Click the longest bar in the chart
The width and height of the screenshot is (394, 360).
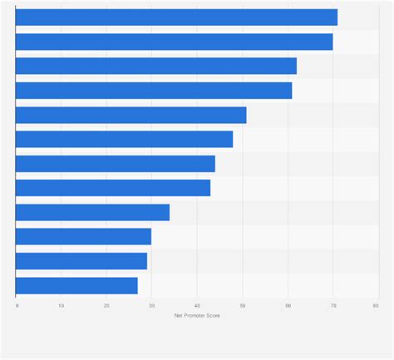176,17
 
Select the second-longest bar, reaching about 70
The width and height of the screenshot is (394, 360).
174,42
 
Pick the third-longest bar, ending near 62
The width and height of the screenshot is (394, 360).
156,67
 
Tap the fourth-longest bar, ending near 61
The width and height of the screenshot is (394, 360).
154,91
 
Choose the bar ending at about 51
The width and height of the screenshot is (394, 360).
131,115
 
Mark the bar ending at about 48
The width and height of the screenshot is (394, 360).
124,139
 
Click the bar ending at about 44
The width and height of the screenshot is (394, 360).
116,164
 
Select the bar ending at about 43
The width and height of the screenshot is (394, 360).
113,188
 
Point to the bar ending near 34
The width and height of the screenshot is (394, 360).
92,212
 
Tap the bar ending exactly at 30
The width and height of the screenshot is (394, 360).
83,237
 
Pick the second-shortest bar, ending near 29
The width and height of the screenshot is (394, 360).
81,261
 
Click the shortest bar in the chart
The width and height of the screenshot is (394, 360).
76,285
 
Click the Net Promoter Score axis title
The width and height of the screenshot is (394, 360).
197,316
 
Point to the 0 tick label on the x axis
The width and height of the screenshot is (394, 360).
17,306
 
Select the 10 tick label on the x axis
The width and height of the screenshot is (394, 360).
62,306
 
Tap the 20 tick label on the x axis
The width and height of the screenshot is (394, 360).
106,306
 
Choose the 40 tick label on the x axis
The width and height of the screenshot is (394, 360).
197,306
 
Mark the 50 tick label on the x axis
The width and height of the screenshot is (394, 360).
242,306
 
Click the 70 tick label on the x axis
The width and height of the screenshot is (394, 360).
332,306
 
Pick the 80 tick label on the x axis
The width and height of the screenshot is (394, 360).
377,306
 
